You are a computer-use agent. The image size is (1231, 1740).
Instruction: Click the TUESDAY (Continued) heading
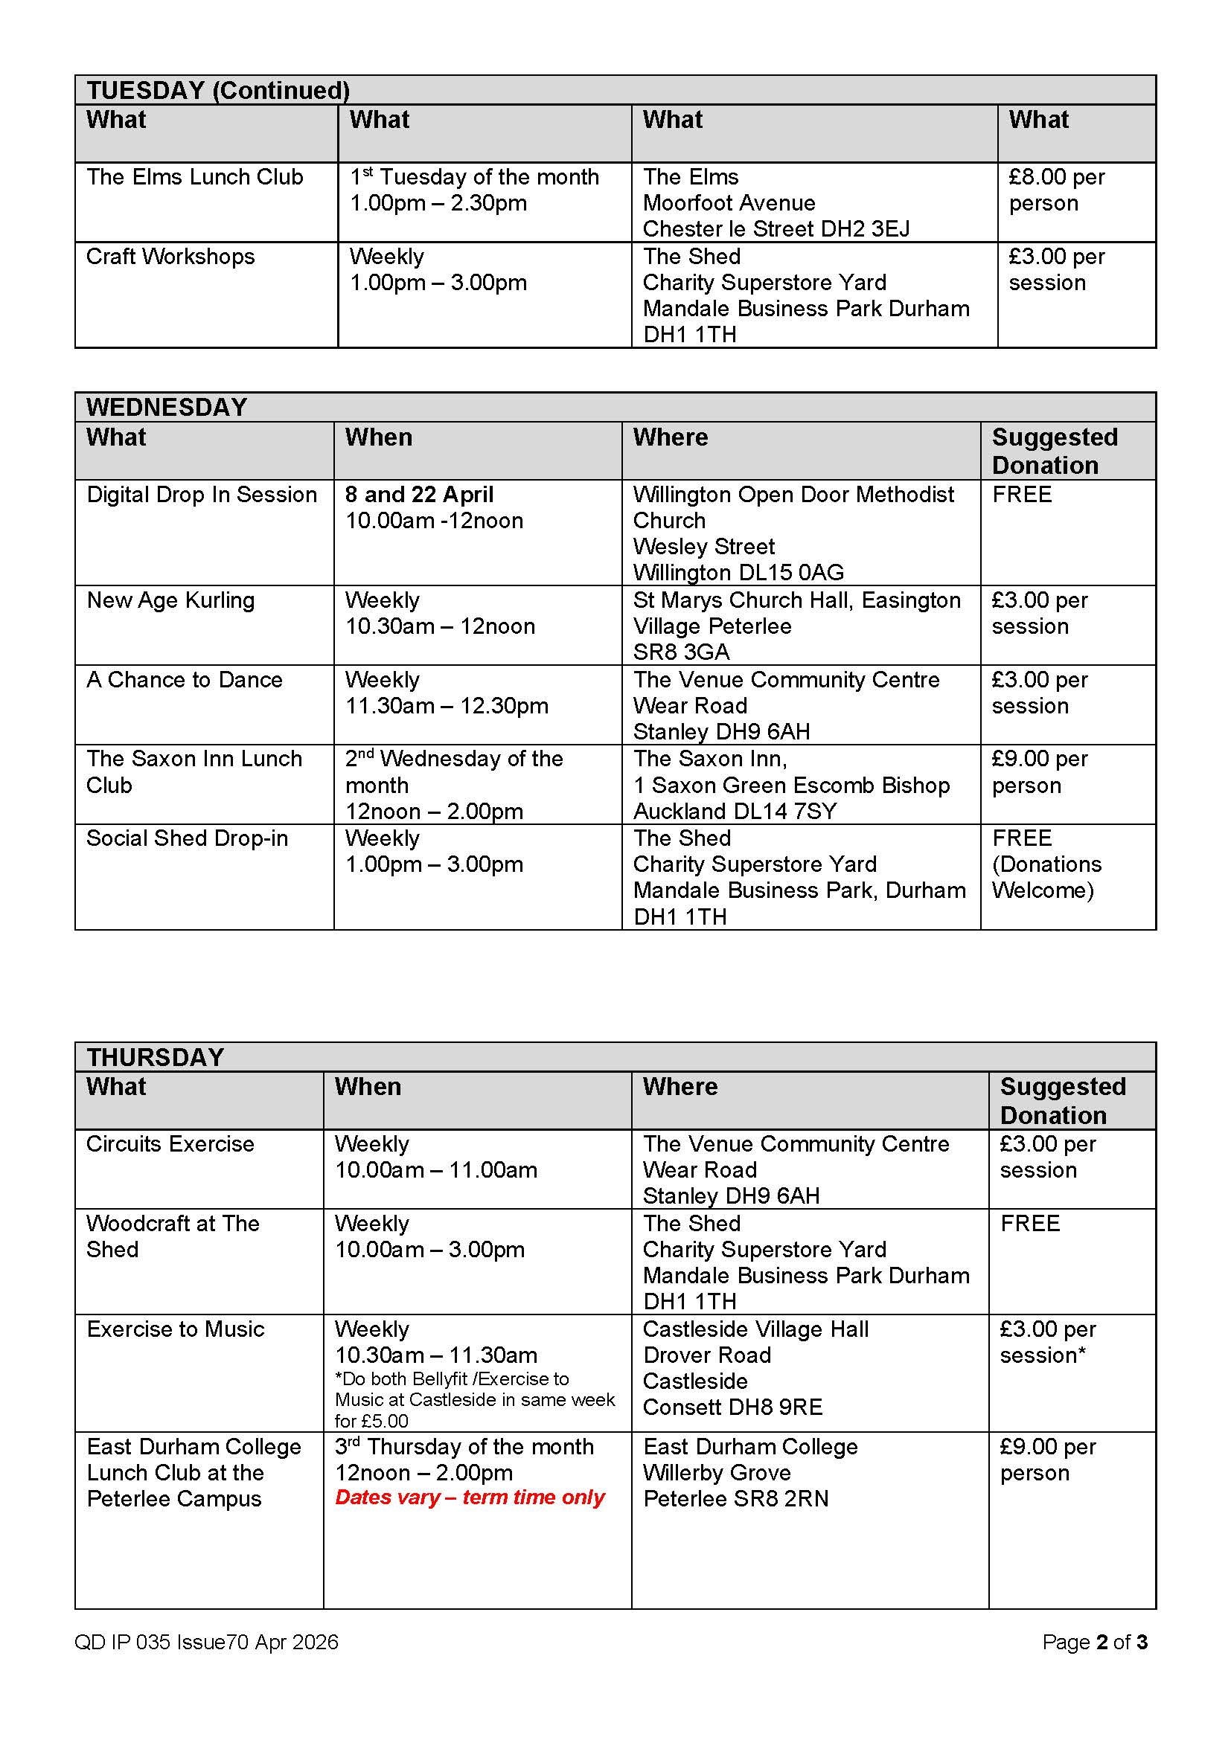pyautogui.click(x=217, y=90)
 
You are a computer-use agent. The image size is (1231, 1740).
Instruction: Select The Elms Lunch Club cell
pyautogui.click(x=194, y=177)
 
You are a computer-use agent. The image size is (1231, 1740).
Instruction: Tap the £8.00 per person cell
pyautogui.click(x=1056, y=190)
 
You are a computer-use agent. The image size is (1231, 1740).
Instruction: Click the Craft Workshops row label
pyautogui.click(x=170, y=257)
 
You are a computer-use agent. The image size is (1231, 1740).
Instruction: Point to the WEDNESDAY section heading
pyautogui.click(x=166, y=407)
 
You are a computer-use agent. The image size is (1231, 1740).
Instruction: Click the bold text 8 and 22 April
pyautogui.click(x=418, y=495)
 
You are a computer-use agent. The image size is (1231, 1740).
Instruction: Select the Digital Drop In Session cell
pyautogui.click(x=201, y=495)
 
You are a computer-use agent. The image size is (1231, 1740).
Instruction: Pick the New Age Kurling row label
pyautogui.click(x=170, y=600)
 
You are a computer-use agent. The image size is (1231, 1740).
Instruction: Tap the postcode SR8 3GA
pyautogui.click(x=681, y=652)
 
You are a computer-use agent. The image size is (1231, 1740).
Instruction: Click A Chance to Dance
pyautogui.click(x=183, y=680)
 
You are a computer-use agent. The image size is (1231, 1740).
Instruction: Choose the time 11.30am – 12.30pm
pyautogui.click(x=446, y=705)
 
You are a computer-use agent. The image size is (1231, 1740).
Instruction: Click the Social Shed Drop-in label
pyautogui.click(x=187, y=838)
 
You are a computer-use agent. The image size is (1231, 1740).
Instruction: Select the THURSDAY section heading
pyautogui.click(x=155, y=1057)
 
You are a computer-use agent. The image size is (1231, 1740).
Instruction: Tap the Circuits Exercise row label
pyautogui.click(x=170, y=1143)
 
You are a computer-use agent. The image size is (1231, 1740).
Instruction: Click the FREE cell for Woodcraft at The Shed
pyautogui.click(x=1029, y=1223)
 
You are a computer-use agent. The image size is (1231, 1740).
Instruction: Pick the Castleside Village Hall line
pyautogui.click(x=755, y=1329)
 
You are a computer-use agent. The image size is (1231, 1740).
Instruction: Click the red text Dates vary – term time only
pyautogui.click(x=469, y=1497)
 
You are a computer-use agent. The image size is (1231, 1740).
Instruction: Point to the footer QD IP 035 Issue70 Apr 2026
pyautogui.click(x=205, y=1642)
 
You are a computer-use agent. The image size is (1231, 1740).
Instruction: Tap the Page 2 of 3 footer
pyautogui.click(x=1094, y=1642)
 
